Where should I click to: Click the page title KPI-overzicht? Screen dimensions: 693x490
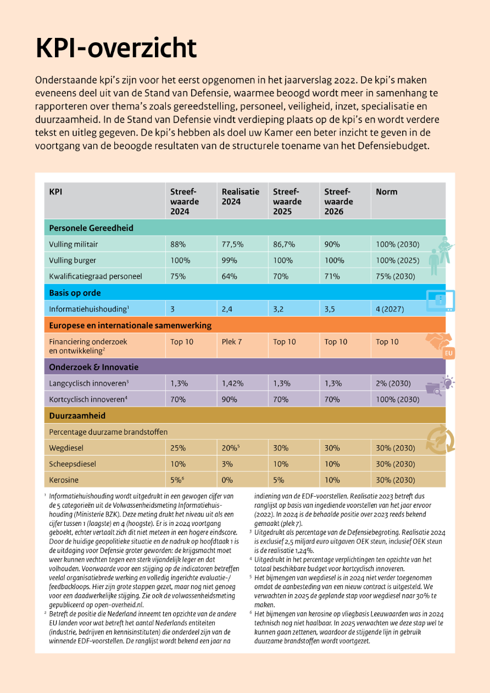coord(116,48)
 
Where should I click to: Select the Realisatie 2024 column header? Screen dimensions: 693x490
coord(240,197)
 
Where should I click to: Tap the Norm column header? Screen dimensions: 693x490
coord(386,192)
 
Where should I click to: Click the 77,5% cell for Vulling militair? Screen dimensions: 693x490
coord(232,244)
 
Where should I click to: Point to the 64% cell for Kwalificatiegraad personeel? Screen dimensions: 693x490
coord(229,276)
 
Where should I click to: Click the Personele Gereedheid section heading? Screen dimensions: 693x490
coord(91,228)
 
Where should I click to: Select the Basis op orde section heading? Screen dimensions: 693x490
coord(75,293)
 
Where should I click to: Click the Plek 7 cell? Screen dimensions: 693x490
coord(232,342)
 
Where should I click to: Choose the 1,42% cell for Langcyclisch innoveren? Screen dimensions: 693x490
coord(233,383)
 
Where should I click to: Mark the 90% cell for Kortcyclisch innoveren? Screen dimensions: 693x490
coord(230,400)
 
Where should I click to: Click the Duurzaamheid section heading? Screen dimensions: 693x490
coord(77,415)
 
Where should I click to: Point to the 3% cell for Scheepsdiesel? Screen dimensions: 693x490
coord(227,464)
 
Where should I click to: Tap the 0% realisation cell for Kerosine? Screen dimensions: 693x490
coord(227,480)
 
